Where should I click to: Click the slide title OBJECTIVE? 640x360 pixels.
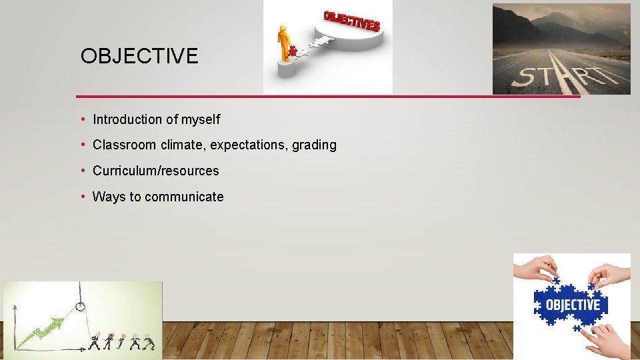coord(139,56)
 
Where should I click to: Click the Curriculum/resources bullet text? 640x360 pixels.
coord(155,171)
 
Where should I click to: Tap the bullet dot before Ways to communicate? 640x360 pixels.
coord(83,197)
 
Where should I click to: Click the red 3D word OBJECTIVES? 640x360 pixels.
coord(351,21)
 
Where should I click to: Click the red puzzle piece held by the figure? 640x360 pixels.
coord(292,51)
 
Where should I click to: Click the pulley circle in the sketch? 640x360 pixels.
coord(81,307)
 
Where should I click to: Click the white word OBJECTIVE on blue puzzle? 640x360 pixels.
coord(573,305)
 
